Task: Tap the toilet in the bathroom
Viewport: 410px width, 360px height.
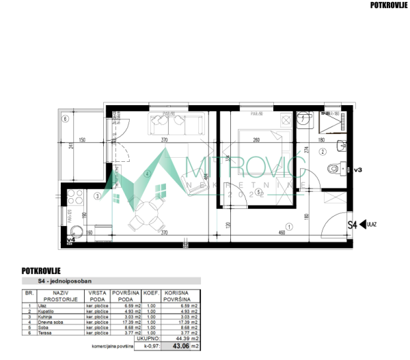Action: (333, 169)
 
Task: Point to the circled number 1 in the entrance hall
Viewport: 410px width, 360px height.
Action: (289, 227)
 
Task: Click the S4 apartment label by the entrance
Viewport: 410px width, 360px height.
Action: (353, 224)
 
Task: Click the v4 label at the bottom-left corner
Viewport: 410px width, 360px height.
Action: (70, 240)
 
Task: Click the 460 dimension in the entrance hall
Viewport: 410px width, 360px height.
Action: (282, 234)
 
